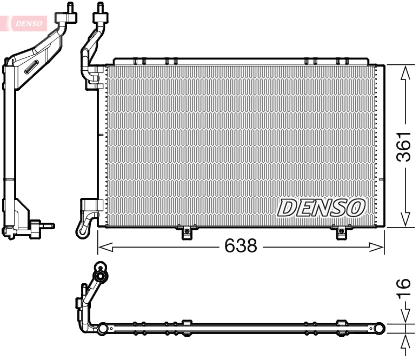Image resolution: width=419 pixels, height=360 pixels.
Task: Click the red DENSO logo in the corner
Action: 27,23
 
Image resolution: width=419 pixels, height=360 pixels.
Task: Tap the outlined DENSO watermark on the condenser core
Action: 321,207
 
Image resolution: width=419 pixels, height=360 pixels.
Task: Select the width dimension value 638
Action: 241,246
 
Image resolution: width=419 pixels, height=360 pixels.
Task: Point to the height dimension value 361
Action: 404,147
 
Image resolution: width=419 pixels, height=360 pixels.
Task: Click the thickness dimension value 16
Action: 403,290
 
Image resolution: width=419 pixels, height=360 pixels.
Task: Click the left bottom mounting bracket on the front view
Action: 187,233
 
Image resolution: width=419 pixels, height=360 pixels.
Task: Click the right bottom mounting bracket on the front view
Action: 341,233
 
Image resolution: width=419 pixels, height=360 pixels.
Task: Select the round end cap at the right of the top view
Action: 380,327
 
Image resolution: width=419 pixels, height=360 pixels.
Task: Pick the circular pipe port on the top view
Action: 99,268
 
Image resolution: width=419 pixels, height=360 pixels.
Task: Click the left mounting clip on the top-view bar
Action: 187,324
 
